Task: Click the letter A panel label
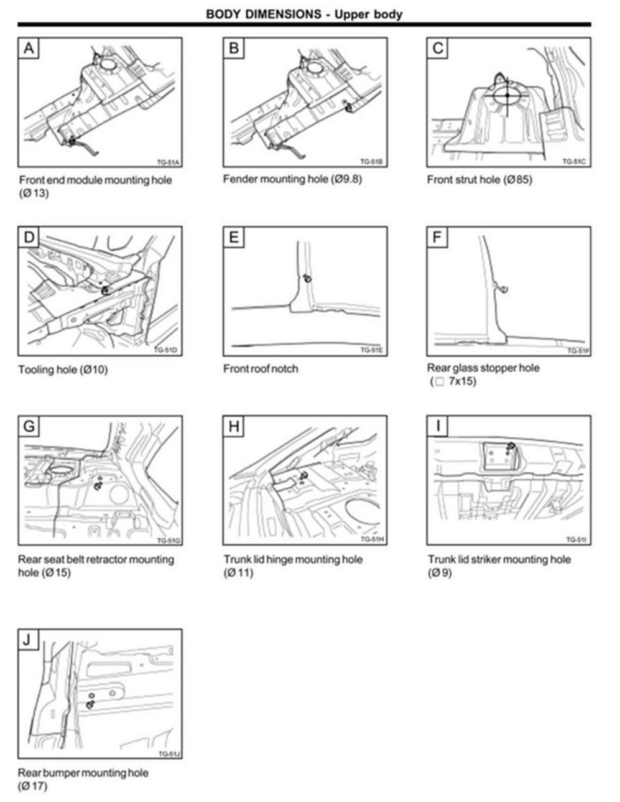pyautogui.click(x=29, y=48)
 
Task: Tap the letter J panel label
pyautogui.click(x=29, y=639)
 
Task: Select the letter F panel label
pyautogui.click(x=437, y=237)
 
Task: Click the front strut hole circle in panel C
pyautogui.click(x=507, y=95)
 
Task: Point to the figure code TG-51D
pyautogui.click(x=166, y=350)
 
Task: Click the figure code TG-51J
pyautogui.click(x=169, y=753)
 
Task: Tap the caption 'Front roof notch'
pyautogui.click(x=261, y=369)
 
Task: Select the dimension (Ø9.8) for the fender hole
pyautogui.click(x=346, y=179)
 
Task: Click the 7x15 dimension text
pyautogui.click(x=462, y=381)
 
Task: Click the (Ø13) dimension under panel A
pyautogui.click(x=34, y=193)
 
